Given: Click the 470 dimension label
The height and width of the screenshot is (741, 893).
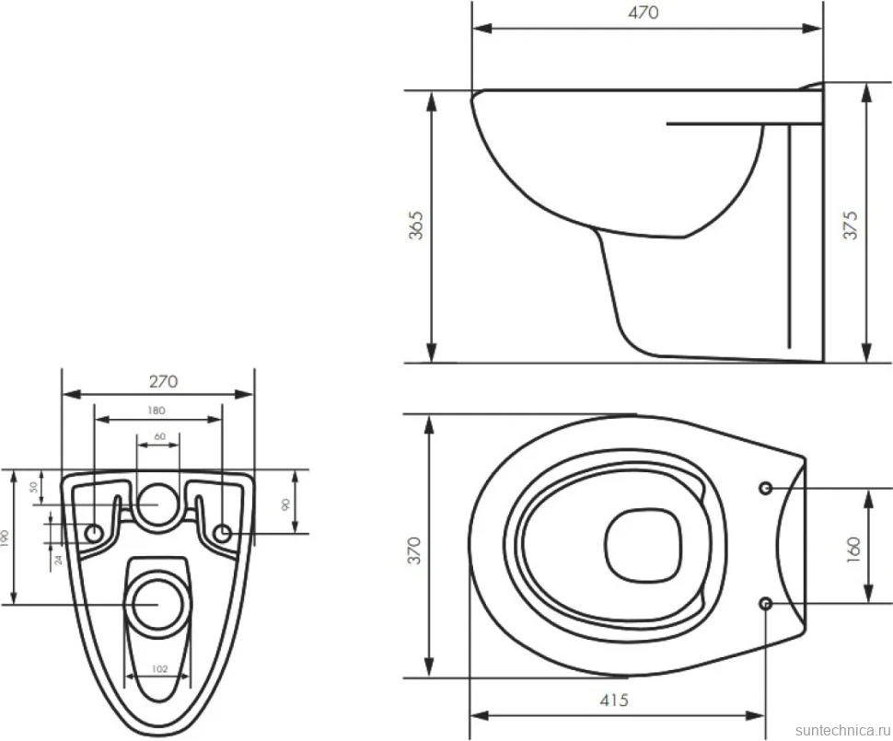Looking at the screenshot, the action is coord(643,12).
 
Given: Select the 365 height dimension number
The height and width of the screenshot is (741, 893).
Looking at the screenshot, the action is coord(416,226).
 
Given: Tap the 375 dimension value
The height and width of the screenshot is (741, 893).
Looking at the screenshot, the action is coord(851,225).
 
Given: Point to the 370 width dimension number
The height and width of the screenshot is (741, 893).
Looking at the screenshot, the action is coord(416,550).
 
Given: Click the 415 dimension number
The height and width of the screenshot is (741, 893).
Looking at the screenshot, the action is coord(614,700).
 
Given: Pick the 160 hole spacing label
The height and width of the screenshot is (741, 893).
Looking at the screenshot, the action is coord(854,550).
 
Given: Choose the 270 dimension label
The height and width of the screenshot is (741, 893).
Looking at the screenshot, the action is coord(164,381).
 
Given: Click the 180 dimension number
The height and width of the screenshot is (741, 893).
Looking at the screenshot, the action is coord(157,411).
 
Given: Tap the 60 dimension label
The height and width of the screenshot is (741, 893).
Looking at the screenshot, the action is coord(159,436).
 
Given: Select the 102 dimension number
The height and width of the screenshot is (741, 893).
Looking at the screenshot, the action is coord(160,668).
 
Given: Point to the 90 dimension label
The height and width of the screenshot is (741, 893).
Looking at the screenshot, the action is coord(285,504).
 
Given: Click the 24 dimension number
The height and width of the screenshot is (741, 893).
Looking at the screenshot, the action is coord(58,561).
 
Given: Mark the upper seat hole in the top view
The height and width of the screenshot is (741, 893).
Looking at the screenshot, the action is coord(766,488).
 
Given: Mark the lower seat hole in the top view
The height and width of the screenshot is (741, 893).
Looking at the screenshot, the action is coord(766,603).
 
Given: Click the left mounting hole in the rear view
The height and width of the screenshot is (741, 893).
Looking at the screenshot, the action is coord(93,533).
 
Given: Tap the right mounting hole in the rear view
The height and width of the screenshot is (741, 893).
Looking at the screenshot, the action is coord(222,533).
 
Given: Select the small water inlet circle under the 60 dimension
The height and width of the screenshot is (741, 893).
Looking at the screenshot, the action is coord(157,504).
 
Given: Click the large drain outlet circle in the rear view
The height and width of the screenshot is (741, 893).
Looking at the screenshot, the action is coord(157,605).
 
